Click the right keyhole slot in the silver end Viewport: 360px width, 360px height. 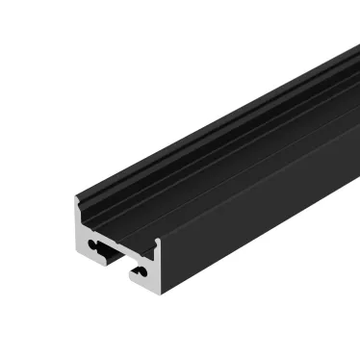tap(140, 272)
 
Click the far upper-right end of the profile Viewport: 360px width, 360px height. tap(348, 48)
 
